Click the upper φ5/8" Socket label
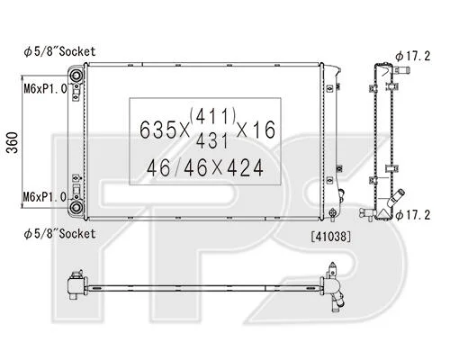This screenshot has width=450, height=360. (x=59, y=51)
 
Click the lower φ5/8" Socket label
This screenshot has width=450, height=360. (x=59, y=234)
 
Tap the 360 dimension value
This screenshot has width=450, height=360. (x=13, y=142)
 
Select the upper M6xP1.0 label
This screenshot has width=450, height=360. (x=45, y=89)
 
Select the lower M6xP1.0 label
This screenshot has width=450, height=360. (x=45, y=197)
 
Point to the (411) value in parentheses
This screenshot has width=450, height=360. (x=213, y=116)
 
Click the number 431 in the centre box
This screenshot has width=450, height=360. (x=212, y=141)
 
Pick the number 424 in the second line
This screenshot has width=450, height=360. (x=245, y=168)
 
